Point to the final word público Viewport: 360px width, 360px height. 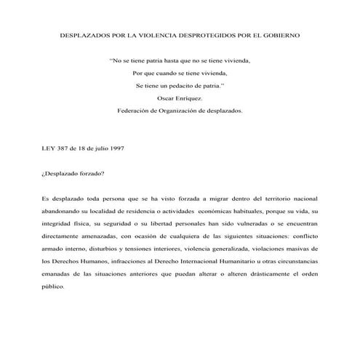(54, 287)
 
